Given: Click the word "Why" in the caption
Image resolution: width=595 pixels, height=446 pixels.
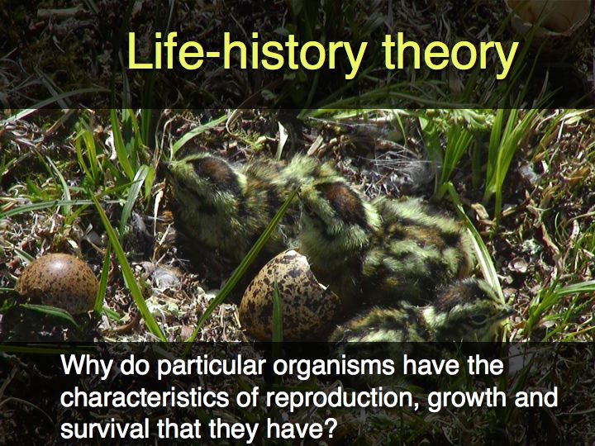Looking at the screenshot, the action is coord(88,367).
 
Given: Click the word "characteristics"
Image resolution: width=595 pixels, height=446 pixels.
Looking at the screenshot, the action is coord(145,397).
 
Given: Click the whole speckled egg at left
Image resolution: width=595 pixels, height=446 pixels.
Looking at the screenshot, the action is coord(57,283).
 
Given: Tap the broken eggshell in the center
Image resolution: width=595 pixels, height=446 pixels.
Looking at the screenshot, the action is coord(289,294).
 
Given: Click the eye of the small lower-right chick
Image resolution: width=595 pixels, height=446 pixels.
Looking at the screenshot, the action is coord(478,318).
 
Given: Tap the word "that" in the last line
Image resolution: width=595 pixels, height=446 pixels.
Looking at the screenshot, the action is coord(181,429).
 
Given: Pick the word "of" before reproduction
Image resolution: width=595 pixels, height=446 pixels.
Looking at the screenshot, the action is coord(247,397).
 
